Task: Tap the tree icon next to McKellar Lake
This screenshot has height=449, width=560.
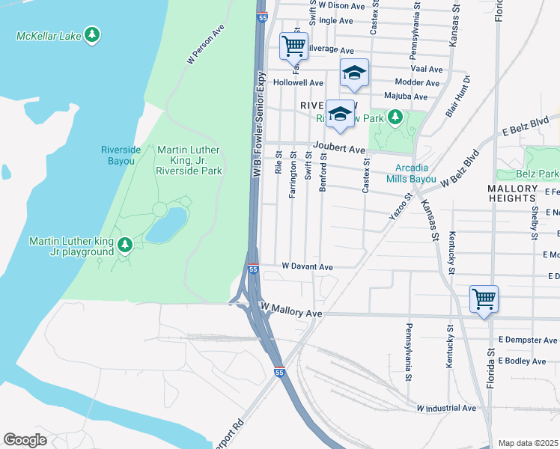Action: [91, 34]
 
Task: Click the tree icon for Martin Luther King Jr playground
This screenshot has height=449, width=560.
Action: [125, 244]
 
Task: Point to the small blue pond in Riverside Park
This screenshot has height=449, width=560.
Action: [165, 224]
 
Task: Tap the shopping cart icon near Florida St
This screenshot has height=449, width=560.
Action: [484, 299]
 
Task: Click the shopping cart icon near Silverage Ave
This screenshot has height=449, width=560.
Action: [293, 46]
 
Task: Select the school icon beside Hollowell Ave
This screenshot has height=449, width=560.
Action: [355, 73]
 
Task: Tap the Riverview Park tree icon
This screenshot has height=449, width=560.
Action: [395, 117]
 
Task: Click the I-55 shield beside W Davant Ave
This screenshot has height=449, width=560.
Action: [253, 269]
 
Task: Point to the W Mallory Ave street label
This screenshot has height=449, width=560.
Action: [290, 311]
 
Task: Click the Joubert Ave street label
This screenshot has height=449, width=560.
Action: [338, 150]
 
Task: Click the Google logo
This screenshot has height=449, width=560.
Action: [25, 440]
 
